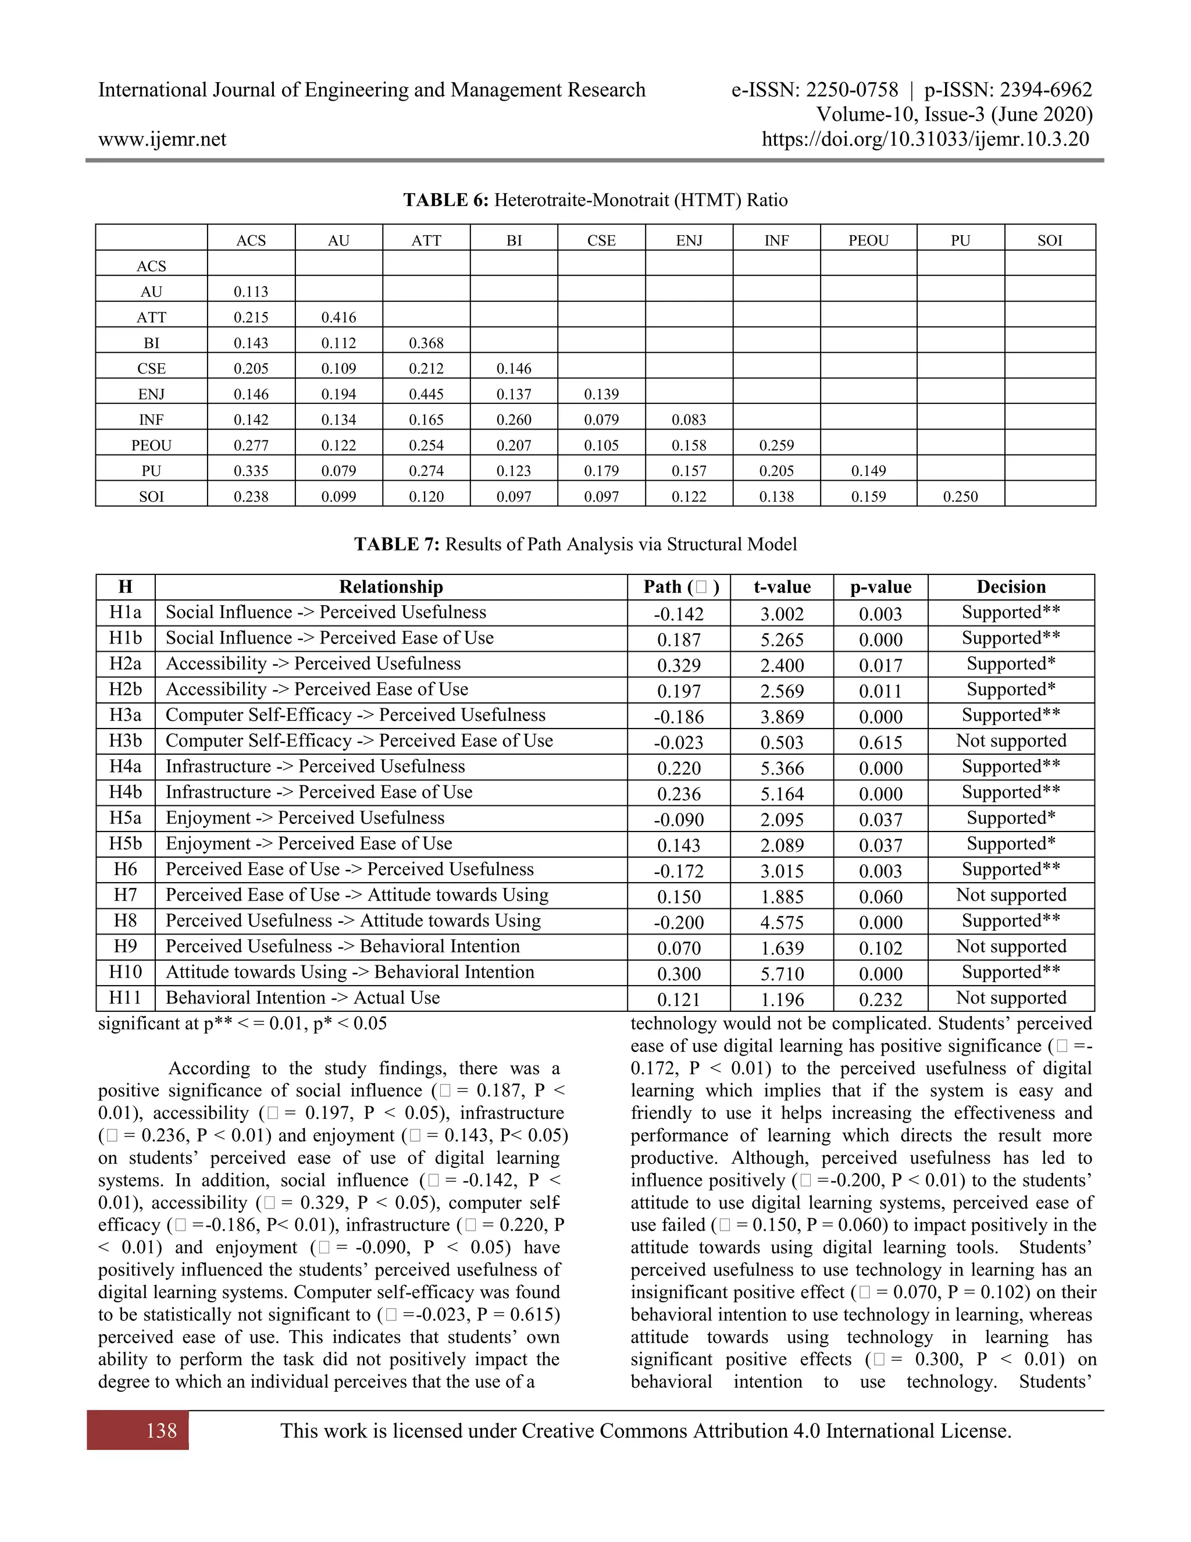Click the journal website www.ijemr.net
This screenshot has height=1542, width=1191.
point(162,139)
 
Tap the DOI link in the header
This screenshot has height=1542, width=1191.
point(925,139)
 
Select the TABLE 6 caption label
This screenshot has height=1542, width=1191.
point(445,201)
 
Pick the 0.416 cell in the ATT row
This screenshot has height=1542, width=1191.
point(338,318)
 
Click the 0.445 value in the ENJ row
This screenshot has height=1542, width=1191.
point(426,394)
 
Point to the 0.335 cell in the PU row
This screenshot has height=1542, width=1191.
point(251,471)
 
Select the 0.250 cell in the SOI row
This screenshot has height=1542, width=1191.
point(960,496)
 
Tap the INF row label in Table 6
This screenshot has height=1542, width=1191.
point(151,420)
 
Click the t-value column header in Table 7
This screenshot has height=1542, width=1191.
point(782,588)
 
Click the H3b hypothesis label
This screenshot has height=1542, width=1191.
point(126,741)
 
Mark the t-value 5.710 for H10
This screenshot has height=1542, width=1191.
point(782,974)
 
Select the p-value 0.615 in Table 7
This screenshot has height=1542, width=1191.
point(880,742)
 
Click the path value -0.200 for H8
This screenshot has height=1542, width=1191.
point(678,923)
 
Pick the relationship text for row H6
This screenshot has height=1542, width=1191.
point(350,869)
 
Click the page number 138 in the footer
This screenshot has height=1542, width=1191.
point(162,1431)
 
